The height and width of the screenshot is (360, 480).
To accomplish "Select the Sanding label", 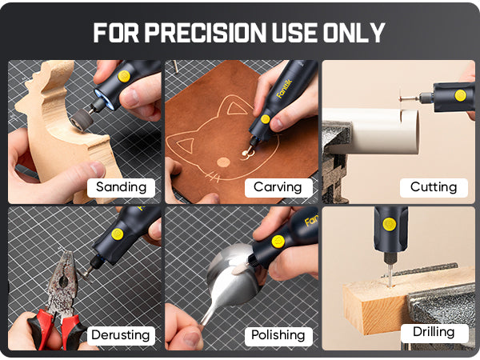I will (121, 187).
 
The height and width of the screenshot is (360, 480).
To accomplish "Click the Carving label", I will (277, 187).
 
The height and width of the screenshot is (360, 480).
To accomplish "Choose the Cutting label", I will (433, 187).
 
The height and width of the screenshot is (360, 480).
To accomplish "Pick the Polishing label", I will (278, 334).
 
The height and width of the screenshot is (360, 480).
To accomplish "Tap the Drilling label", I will (434, 331).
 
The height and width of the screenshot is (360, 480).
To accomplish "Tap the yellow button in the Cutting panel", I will (460, 95).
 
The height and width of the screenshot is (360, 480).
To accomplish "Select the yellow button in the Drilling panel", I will (389, 224).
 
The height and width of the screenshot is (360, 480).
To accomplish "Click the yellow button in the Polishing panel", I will (278, 241).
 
